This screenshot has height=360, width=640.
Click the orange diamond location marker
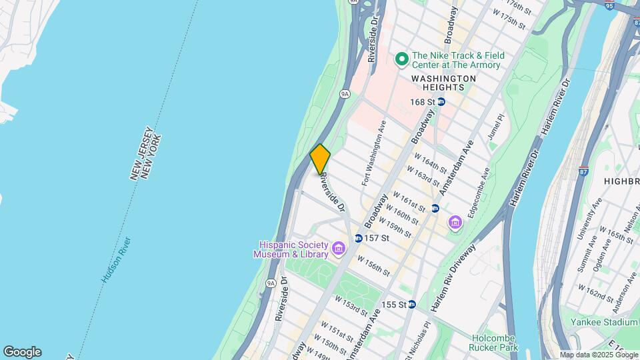coord(320,159)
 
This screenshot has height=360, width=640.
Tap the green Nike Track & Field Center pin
coord(401,60)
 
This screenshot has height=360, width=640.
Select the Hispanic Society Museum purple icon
coord(339,249)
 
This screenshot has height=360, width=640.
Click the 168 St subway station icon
coord(441,102)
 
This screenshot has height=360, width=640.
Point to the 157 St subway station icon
coord(358,238)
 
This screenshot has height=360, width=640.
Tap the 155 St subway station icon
coord(411,304)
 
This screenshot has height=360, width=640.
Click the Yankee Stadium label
coord(604,322)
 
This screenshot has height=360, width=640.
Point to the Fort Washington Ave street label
coord(374,153)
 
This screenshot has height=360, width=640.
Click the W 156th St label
coord(373,265)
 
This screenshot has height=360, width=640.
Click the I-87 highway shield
coord(584,171)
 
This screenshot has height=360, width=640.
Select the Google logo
coord(22,351)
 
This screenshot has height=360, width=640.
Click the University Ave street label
coord(587,219)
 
